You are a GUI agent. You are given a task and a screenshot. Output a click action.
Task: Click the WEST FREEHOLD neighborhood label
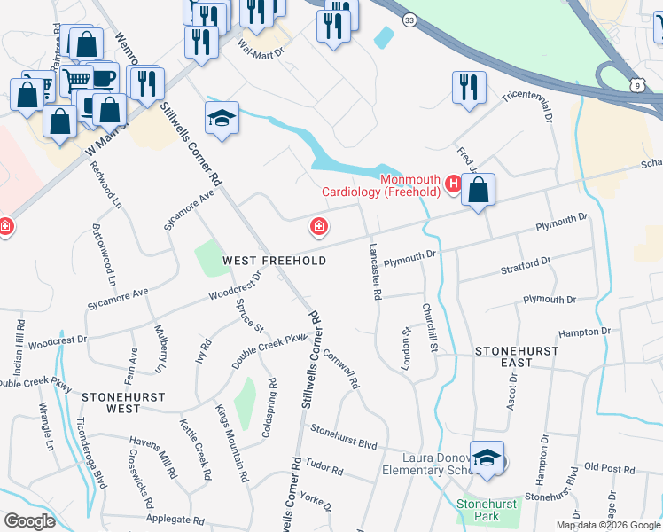(274, 261)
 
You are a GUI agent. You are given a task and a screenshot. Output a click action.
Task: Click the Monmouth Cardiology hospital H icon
(453, 184)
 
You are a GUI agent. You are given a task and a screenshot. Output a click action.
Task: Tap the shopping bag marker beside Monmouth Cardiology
(478, 189)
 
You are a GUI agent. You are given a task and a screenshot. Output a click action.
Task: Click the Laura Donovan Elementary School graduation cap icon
(487, 458)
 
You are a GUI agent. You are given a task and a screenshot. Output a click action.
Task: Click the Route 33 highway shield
(408, 19)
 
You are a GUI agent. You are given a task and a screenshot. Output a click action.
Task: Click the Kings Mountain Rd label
(232, 443)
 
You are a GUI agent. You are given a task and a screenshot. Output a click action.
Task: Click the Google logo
(29, 521)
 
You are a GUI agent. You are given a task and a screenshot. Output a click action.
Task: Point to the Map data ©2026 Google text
(607, 525)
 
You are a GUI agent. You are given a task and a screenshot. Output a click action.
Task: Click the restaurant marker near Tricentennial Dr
(469, 87)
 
